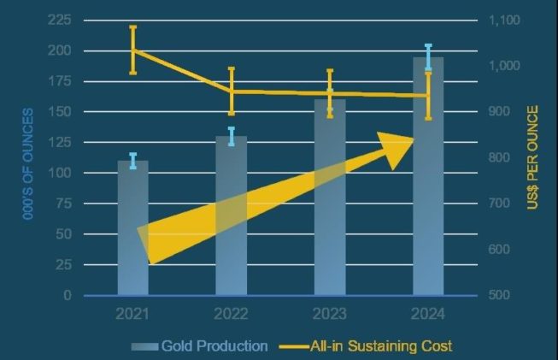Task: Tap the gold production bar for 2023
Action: (x=330, y=198)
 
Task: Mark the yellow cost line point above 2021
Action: (x=132, y=50)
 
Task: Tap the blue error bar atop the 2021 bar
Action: (x=132, y=161)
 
